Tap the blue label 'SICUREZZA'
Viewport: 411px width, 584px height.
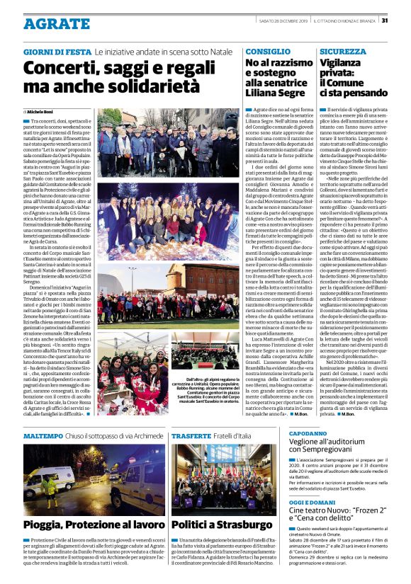(343, 52)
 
